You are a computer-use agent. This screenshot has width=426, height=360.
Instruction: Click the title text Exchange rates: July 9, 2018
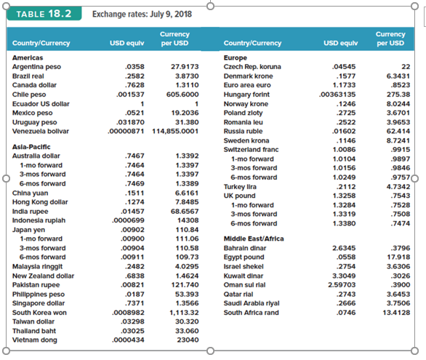coord(142,14)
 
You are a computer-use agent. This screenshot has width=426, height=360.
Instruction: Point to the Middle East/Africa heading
coord(254,238)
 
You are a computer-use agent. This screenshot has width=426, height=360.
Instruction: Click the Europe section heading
coord(236,57)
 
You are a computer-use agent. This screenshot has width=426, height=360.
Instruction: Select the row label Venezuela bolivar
coord(42,131)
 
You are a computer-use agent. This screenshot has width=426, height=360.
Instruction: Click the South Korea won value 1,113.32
coord(184,312)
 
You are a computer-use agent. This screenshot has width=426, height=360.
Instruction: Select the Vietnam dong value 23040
coord(188,340)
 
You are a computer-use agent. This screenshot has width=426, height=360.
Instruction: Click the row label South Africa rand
coord(252,312)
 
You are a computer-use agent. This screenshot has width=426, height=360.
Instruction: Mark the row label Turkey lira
coord(241,185)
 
